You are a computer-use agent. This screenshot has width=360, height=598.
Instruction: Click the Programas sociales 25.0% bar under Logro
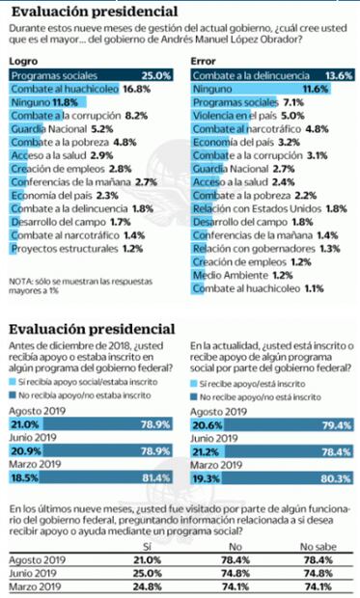pyautogui.click(x=89, y=74)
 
